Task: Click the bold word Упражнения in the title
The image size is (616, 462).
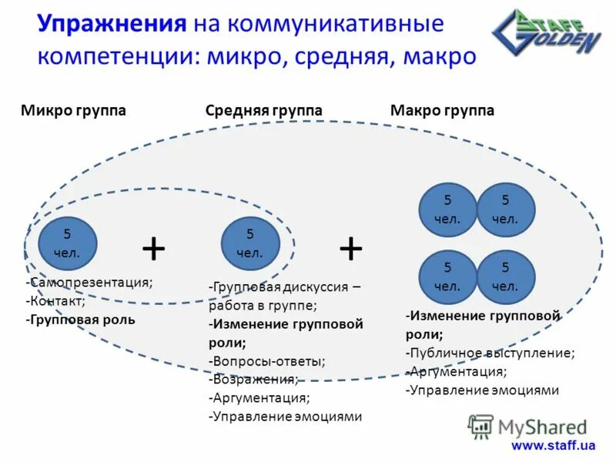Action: click(112, 24)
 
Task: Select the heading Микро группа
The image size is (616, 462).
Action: click(73, 111)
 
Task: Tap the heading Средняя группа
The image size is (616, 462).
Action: click(264, 111)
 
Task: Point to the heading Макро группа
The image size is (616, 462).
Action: click(442, 111)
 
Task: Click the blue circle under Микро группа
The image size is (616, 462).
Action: click(67, 243)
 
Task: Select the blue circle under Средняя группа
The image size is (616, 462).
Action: click(249, 243)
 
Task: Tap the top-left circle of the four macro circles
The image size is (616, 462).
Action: click(447, 209)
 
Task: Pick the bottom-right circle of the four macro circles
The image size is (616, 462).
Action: click(506, 276)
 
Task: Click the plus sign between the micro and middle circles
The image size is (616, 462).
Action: click(154, 249)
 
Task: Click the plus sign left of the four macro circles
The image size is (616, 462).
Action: click(351, 249)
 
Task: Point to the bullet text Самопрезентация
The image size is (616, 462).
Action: click(90, 283)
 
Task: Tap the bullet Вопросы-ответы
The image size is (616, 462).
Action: click(267, 360)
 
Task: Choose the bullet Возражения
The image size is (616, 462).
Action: click(253, 379)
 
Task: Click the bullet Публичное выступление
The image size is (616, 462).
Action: click(490, 353)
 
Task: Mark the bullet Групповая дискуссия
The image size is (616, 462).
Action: click(283, 286)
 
